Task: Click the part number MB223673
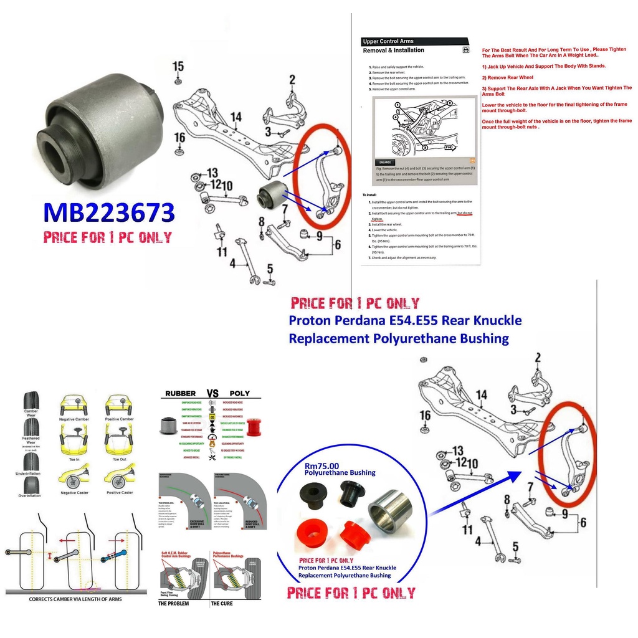(108, 212)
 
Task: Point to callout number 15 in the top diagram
(178, 66)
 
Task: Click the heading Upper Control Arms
(388, 41)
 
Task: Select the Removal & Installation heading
(393, 50)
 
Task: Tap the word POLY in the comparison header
(239, 393)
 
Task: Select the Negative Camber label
(75, 419)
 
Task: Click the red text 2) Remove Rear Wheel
(507, 77)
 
